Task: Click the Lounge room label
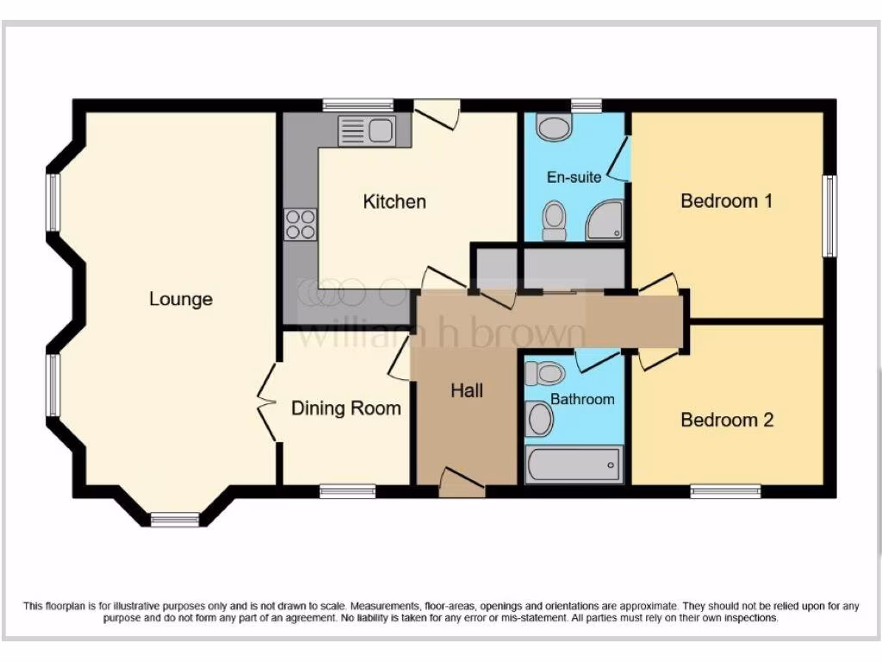point(181,299)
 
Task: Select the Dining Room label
point(346,408)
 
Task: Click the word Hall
point(467,390)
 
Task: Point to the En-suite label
point(575,178)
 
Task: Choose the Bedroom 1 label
point(726,201)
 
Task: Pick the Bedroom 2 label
point(727,420)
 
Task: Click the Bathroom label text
point(583,399)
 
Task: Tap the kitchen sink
point(367,131)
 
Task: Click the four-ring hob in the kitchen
point(301,224)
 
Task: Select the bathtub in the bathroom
point(574,465)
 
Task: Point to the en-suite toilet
point(554,220)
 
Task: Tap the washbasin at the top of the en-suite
point(553,128)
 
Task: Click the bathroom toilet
point(544,374)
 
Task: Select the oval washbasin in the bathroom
point(540,420)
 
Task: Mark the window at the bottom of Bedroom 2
point(725,491)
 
